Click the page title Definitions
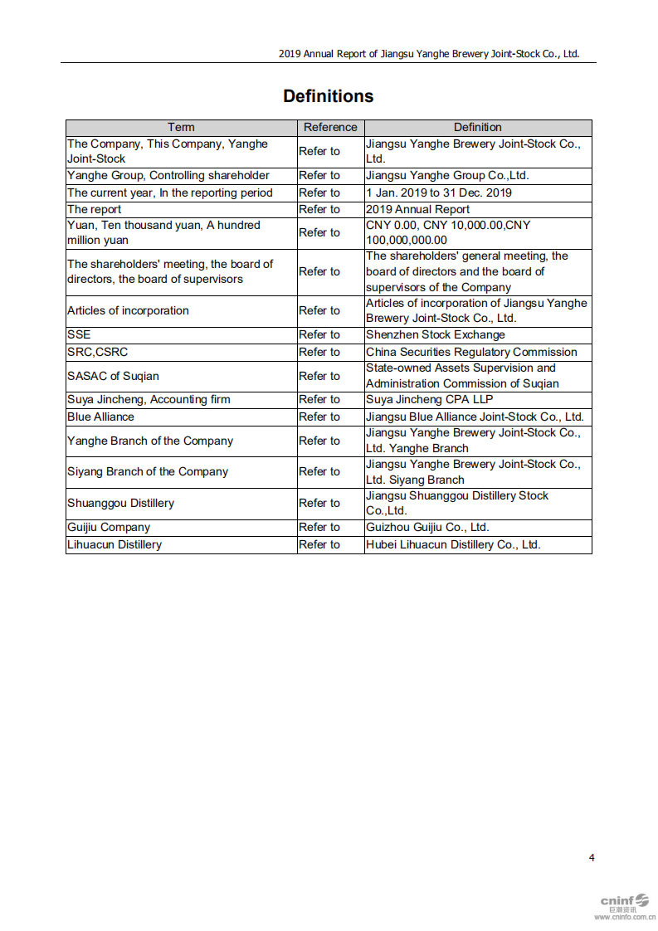pos(328,96)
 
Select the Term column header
pos(181,127)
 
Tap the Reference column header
pos(330,127)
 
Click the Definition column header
pos(477,127)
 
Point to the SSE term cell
pos(79,334)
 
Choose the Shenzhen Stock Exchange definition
pos(435,334)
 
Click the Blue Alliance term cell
pos(100,417)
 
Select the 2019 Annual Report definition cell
pos(417,209)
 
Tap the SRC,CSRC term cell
pos(97,352)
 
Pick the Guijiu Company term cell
pos(109,527)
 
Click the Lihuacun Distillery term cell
pos(115,544)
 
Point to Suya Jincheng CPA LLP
pos(429,399)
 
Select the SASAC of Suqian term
pos(113,376)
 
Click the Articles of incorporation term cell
pos(128,310)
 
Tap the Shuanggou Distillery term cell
pos(120,503)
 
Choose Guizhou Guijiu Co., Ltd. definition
pos(427,527)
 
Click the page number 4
pos(592,857)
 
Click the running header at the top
pos(428,54)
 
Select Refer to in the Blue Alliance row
pos(319,417)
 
